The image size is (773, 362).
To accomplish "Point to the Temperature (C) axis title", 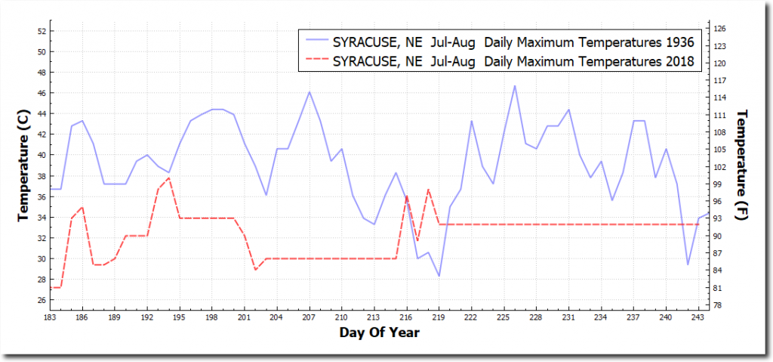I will coord(25,168).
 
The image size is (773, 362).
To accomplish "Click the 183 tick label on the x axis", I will coord(50,317).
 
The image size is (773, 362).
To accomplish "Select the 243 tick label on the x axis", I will coord(698,317).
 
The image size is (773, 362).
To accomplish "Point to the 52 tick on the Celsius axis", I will coord(41,31).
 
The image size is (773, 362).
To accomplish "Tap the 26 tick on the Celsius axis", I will coord(41,300).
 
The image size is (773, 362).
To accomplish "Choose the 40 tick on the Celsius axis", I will coord(41,155).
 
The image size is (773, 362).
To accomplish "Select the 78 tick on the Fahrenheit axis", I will coord(719,305).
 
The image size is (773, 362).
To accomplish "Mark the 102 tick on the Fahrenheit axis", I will coord(719,167).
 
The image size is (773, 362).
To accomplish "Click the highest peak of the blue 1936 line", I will coord(515,85).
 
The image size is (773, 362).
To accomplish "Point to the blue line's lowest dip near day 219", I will coord(439,276).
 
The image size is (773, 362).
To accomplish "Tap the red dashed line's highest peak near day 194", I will coord(168,178).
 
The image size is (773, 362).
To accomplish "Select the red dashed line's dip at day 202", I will coord(255,270).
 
